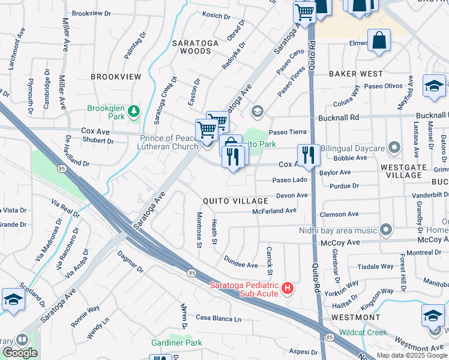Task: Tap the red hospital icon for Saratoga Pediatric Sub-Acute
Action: [x=288, y=289]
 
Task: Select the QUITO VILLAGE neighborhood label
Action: [x=235, y=201]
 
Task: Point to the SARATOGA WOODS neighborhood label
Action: [x=199, y=44]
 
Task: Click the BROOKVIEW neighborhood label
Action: [x=116, y=77]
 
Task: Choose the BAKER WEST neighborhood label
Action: [x=355, y=74]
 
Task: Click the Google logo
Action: [x=20, y=353]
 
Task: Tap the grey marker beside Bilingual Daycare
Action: [x=394, y=147]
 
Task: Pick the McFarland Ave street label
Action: [x=274, y=211]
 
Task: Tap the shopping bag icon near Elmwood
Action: [x=380, y=41]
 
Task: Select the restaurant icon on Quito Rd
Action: [x=307, y=155]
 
